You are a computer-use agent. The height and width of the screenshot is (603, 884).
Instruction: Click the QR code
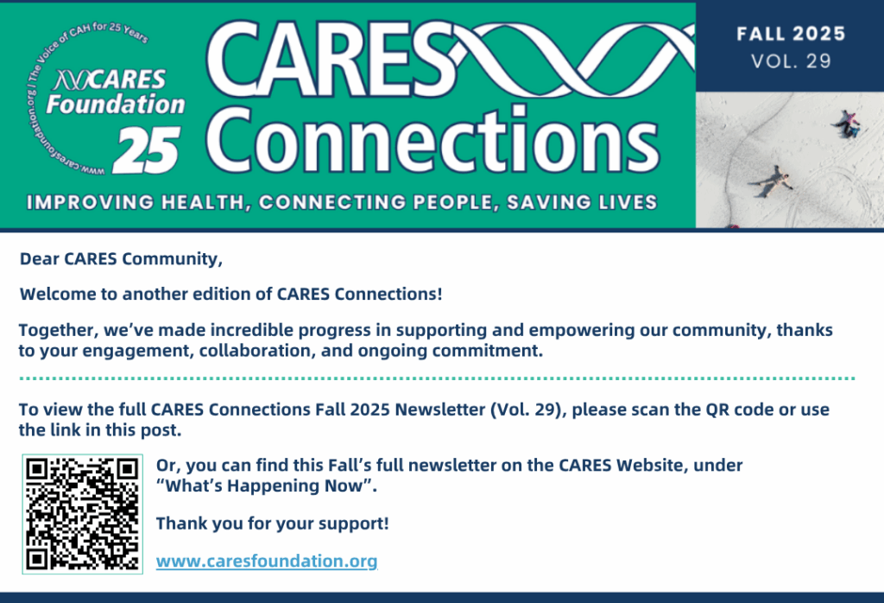(82, 514)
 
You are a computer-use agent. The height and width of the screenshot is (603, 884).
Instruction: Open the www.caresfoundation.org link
(267, 562)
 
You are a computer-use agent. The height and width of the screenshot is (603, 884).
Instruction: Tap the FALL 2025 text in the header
(791, 34)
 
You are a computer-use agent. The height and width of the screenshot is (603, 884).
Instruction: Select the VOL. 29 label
(791, 61)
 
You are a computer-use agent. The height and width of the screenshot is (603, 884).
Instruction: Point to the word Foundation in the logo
(116, 105)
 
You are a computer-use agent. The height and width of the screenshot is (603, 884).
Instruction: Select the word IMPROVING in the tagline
(90, 202)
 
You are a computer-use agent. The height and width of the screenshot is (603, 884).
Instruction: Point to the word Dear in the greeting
(40, 259)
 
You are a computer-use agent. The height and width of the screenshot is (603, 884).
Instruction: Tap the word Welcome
(58, 295)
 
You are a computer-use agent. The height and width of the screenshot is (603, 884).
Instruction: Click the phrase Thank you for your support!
(272, 524)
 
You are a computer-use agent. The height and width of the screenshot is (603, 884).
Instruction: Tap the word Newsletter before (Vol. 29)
(439, 409)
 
